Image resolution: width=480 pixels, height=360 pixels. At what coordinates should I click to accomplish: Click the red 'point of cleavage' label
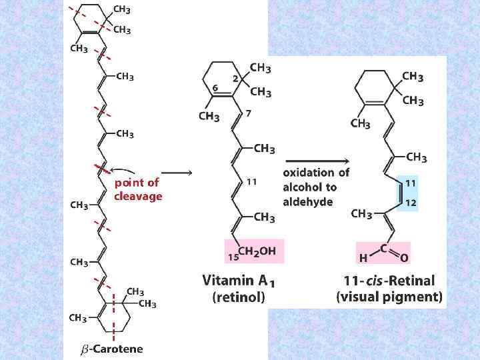click(137, 189)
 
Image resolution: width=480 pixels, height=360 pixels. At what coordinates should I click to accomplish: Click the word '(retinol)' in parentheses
click(238, 298)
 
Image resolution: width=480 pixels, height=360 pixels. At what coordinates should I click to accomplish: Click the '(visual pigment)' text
click(389, 297)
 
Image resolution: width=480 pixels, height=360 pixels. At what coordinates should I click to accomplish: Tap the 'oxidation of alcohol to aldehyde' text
click(316, 187)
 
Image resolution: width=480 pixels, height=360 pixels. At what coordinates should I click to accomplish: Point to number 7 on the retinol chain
click(249, 113)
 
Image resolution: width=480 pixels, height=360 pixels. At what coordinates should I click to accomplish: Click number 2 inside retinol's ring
click(235, 78)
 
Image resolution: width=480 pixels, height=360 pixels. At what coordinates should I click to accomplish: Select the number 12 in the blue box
click(411, 202)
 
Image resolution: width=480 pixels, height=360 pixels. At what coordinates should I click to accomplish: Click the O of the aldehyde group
click(405, 257)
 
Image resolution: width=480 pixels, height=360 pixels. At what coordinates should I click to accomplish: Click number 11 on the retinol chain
click(251, 181)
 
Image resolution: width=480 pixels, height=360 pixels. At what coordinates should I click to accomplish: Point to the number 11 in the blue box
click(411, 182)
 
